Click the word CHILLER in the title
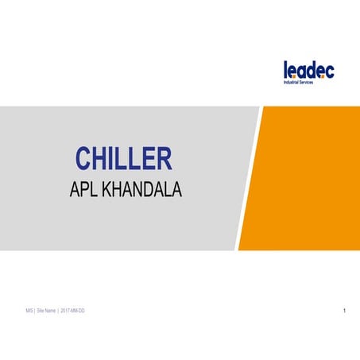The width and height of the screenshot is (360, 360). point(123,158)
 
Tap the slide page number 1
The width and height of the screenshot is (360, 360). point(344,309)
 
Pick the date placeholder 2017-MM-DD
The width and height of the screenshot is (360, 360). point(72,309)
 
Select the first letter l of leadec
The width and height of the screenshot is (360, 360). point(286,70)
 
